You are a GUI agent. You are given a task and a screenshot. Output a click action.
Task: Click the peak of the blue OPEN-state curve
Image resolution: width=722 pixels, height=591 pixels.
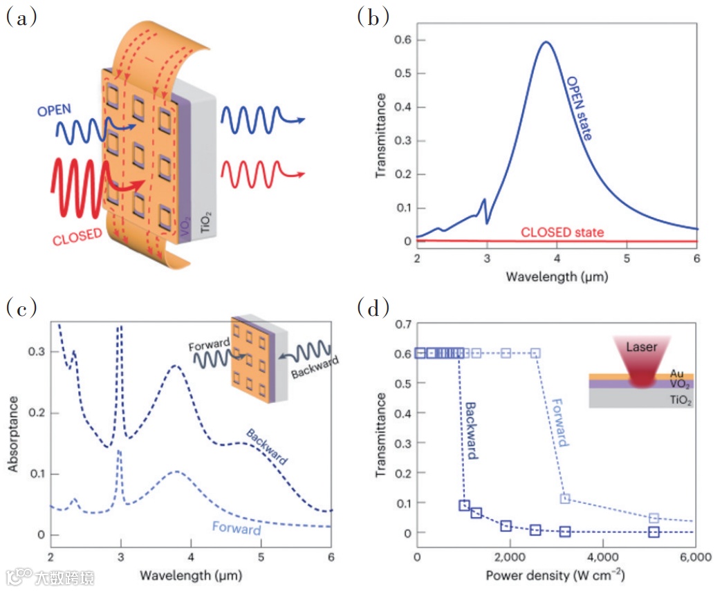pos(546,42)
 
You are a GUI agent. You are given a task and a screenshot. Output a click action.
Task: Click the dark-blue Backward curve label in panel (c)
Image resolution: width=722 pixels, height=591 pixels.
pos(267,446)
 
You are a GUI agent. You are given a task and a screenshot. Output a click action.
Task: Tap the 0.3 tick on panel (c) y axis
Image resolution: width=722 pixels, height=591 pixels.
pos(35,352)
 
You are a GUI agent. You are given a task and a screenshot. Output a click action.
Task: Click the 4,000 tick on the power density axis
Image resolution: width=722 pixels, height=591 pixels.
pos(602,558)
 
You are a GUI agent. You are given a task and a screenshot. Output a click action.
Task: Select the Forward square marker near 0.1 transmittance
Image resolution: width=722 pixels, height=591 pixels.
pos(565,498)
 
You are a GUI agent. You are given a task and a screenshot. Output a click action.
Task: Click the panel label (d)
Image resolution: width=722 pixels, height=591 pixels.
pos(373,307)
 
